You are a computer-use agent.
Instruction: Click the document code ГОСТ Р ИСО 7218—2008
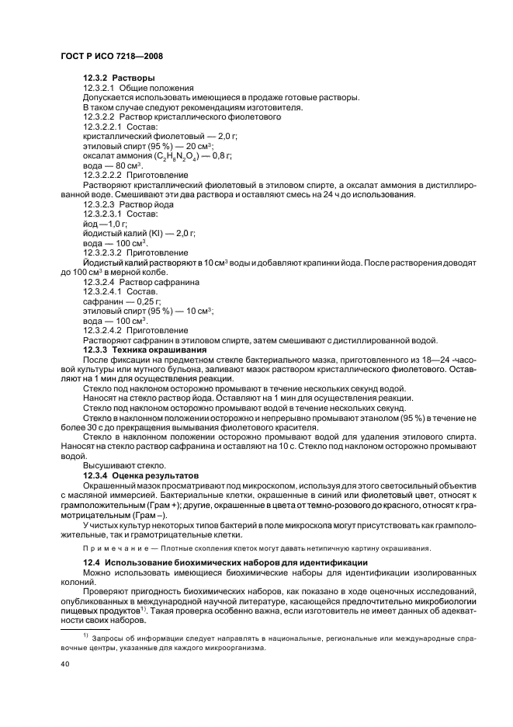[110, 56]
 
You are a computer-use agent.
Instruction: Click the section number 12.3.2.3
[102, 203]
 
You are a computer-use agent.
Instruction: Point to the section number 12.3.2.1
[102, 89]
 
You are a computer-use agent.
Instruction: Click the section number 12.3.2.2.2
[107, 175]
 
